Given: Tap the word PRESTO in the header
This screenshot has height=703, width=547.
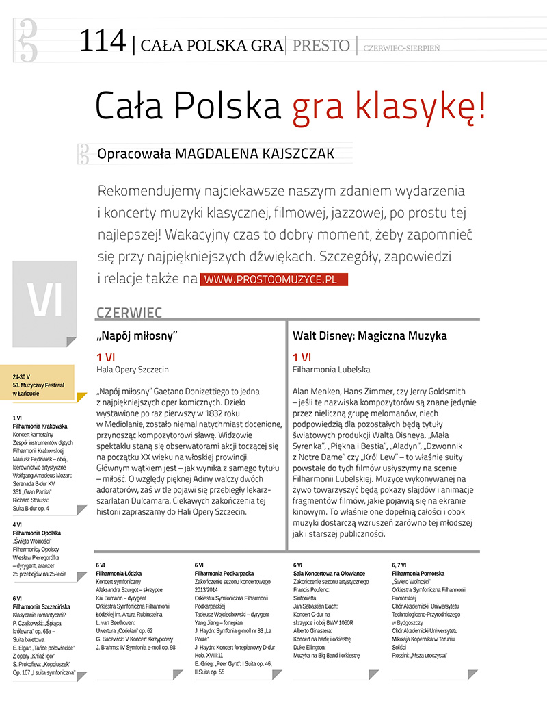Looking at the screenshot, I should (321, 46).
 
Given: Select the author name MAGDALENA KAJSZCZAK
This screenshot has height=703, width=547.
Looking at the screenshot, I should (254, 153).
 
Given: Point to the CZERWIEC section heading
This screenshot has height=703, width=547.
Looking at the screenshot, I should (129, 313).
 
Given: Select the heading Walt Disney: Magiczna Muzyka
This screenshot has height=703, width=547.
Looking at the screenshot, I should (369, 336).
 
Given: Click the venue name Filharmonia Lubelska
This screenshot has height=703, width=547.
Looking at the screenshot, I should (331, 370).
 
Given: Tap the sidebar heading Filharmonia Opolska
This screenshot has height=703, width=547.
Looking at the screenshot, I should (37, 533).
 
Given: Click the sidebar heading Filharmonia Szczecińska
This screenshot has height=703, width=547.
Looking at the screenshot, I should (41, 606).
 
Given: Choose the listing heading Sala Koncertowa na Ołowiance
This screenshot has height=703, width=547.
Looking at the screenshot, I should (329, 573).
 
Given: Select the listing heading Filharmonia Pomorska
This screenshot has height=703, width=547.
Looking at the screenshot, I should (418, 573).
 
